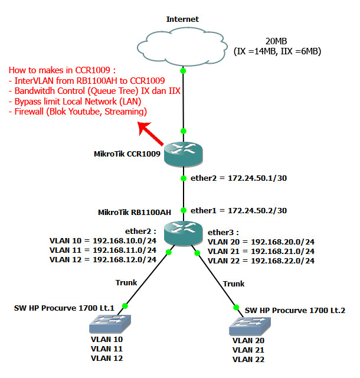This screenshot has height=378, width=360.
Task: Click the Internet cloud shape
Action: [182, 47]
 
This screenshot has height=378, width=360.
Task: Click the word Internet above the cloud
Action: [182, 19]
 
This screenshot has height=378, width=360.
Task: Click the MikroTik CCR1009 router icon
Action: [183, 154]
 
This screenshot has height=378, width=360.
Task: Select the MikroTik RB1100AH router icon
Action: [183, 232]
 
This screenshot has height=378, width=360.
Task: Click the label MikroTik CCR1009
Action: [127, 154]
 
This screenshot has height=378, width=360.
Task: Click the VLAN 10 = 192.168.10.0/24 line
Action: [103, 242]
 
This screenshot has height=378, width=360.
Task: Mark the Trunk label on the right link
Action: [234, 284]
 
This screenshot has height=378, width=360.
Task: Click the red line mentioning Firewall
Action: [77, 111]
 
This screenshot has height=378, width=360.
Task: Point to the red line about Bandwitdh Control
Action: [94, 92]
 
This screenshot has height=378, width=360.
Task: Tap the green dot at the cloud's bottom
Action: [183, 71]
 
